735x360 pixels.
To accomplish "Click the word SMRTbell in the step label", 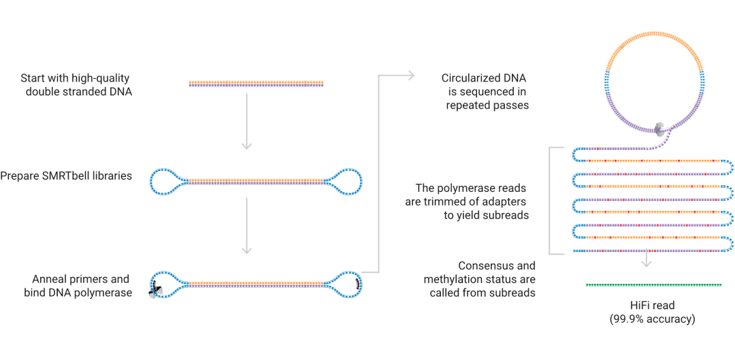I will [x=65, y=176].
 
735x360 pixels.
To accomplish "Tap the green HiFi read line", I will [x=653, y=284].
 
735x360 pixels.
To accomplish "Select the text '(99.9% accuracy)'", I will [x=653, y=318].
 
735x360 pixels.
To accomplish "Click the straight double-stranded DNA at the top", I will [x=256, y=84].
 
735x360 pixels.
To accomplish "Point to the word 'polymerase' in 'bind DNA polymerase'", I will [x=105, y=293].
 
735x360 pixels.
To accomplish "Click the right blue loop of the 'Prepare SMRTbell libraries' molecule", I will [x=346, y=181].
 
